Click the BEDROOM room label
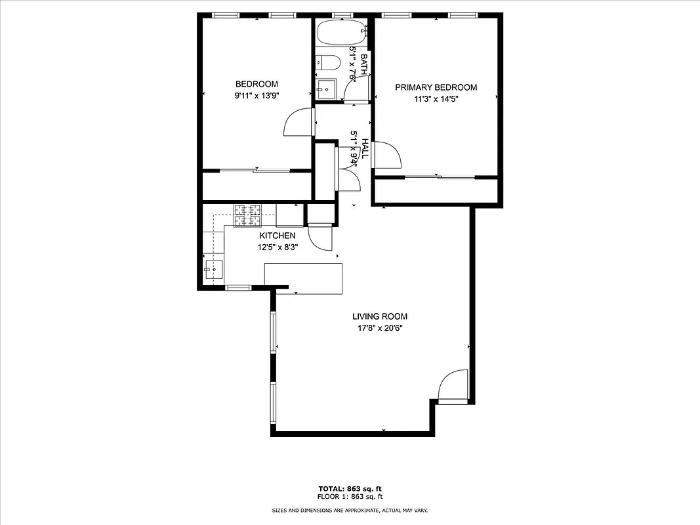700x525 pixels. pos(257,84)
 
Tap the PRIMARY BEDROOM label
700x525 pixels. pos(436,87)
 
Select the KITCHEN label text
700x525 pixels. pos(277,236)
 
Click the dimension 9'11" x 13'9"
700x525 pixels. pos(257,95)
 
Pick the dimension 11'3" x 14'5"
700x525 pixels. pos(436,99)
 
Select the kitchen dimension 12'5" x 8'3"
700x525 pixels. pos(277,247)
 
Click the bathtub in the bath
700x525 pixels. pos(341,32)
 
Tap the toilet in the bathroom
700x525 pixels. pos(327,63)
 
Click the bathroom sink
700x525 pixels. pos(325,89)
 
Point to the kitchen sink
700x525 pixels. pos(214,269)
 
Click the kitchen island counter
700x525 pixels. pos(303,278)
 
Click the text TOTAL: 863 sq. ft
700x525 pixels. pos(350,489)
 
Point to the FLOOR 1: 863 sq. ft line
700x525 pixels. pos(350,497)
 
